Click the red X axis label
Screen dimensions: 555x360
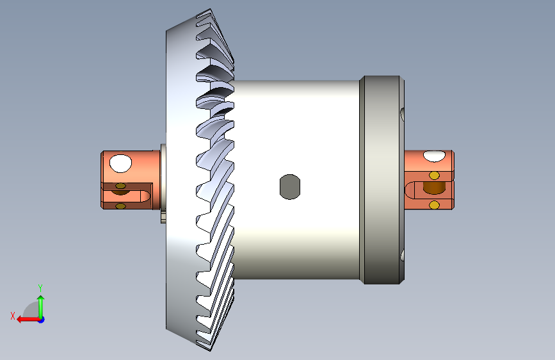13,316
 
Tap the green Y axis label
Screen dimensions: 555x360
40,288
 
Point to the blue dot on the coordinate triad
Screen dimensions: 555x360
42,320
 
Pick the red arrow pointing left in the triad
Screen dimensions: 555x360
28,320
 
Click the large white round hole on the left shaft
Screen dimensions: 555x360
121,163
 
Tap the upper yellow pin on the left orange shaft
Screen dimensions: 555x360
121,186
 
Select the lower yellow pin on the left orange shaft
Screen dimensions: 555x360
121,206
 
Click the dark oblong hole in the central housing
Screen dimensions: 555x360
290,187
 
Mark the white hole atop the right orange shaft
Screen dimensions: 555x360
434,156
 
